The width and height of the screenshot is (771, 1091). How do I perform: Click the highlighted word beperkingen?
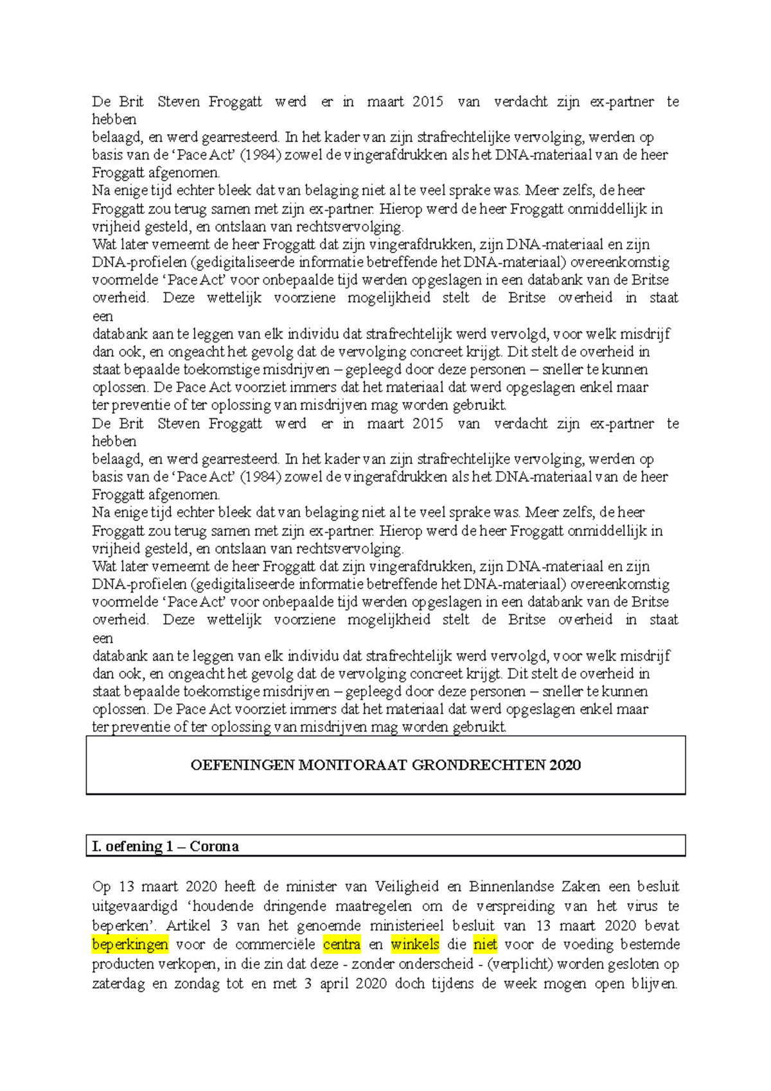[x=130, y=945]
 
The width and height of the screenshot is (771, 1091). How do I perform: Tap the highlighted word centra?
[x=342, y=945]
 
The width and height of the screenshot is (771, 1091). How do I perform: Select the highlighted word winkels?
[x=415, y=945]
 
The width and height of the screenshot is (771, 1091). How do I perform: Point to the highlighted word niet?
[x=485, y=945]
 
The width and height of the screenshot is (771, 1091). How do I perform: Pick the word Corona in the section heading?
[x=214, y=846]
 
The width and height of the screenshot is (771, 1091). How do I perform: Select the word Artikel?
[x=188, y=926]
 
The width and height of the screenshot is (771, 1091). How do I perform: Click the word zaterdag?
[x=118, y=984]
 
